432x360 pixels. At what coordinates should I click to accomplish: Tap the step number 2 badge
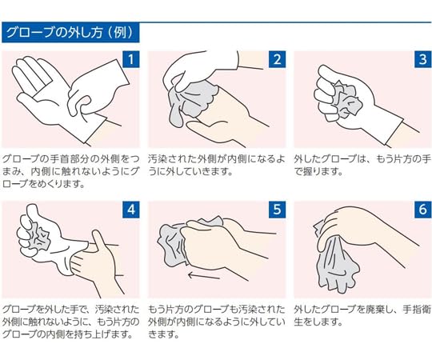tap(278, 58)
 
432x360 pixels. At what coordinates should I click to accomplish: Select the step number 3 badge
tap(422, 58)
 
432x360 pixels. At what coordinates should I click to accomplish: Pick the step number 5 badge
tap(278, 209)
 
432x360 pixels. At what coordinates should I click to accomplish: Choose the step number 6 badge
tap(422, 209)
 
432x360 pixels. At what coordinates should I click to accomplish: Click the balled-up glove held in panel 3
tap(350, 99)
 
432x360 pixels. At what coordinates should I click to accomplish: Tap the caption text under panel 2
tap(216, 165)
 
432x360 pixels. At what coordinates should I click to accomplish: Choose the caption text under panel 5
tap(216, 322)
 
